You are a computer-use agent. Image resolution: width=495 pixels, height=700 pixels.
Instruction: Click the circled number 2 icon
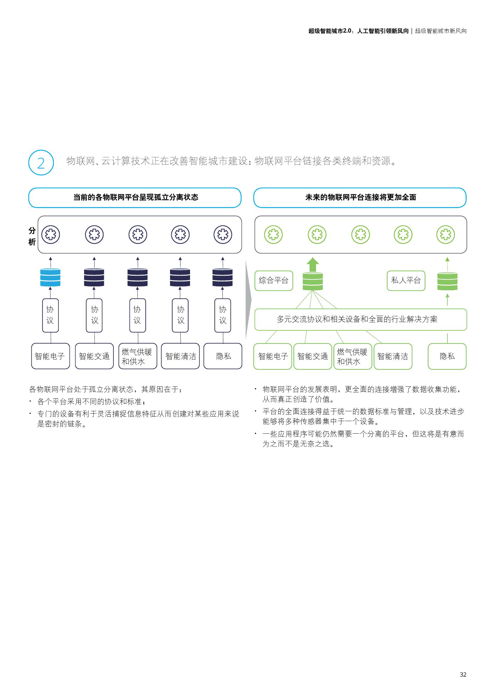tap(41, 163)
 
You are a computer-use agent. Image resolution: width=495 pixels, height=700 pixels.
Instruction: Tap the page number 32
tap(463, 674)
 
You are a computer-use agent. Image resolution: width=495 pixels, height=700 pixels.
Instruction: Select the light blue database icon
tap(50, 277)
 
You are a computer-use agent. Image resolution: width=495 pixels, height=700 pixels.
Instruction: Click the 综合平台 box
tap(274, 280)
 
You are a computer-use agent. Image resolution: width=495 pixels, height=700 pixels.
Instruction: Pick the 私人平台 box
tap(406, 280)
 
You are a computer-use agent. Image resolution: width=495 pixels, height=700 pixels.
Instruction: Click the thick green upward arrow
tap(312, 265)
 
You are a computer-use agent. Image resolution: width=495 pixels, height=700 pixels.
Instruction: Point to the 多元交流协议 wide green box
tap(360, 319)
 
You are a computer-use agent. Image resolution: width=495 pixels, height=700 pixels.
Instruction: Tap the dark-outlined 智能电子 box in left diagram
tap(50, 356)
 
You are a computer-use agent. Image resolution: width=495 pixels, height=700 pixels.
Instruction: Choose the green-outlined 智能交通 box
tap(312, 356)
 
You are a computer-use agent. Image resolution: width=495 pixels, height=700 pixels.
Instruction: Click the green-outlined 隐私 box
tap(447, 356)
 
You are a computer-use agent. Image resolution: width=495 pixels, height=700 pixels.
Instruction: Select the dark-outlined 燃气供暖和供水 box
tap(137, 356)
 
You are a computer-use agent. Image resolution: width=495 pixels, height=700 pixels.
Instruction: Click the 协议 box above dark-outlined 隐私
tap(222, 315)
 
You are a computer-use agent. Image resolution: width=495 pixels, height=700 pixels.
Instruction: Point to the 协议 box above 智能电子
tap(50, 315)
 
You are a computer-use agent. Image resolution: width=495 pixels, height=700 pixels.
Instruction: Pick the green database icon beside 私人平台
tap(447, 281)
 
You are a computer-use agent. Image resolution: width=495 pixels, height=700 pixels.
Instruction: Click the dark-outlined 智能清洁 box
tap(180, 356)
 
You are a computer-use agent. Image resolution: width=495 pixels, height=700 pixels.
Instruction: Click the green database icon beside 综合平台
tap(312, 281)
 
